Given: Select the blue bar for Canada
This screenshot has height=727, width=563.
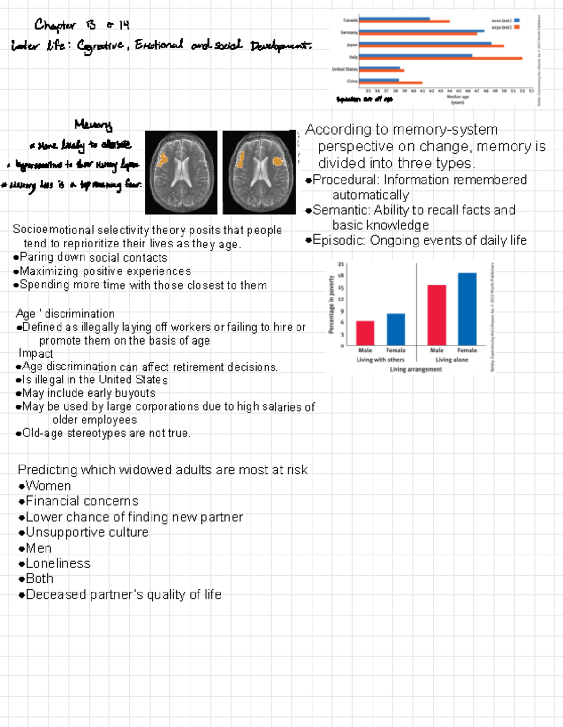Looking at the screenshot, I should [394, 19].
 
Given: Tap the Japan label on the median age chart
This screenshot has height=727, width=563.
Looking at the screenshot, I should [352, 45].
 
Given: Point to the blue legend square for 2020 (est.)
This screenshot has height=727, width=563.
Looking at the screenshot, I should [517, 21].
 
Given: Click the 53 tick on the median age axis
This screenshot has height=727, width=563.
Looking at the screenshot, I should [531, 91].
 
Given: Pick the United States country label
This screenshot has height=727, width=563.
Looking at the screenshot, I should [344, 69].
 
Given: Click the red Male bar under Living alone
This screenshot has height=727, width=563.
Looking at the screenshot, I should [436, 315].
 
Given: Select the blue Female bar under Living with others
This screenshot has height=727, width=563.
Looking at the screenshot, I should [396, 329].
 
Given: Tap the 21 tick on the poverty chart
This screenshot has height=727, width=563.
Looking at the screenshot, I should [341, 264].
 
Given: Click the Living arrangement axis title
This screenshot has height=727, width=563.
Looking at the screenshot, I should [416, 369].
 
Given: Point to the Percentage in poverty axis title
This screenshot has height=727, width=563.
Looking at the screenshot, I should [331, 305].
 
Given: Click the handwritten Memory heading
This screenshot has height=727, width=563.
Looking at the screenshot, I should [93, 125].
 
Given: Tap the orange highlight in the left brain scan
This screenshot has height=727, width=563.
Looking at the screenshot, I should [162, 160].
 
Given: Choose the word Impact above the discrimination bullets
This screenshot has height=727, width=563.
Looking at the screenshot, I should [36, 353].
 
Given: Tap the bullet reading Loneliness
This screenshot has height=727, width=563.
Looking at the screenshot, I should [58, 563].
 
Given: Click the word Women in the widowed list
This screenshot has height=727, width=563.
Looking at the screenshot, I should [48, 486].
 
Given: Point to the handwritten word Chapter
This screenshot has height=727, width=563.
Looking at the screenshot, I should [54, 24].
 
